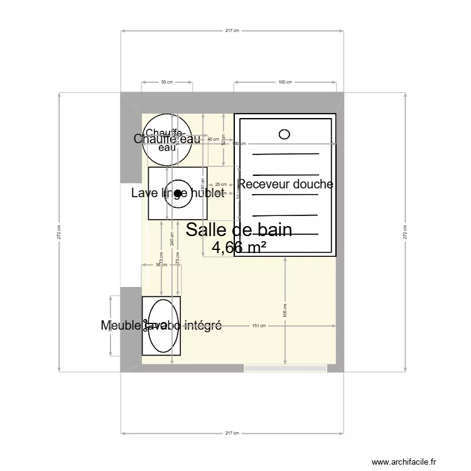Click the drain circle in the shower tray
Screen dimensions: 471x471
pyautogui.click(x=284, y=134)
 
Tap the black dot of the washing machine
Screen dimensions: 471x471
pyautogui.click(x=178, y=193)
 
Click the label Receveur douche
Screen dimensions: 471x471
pyautogui.click(x=285, y=184)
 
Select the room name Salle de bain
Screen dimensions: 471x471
pyautogui.click(x=239, y=230)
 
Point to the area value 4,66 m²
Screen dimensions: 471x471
pyautogui.click(x=239, y=247)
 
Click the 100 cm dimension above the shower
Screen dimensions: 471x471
pyautogui.click(x=285, y=82)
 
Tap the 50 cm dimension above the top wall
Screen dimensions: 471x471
pyautogui.click(x=167, y=82)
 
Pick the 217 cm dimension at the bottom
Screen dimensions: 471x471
pyautogui.click(x=232, y=433)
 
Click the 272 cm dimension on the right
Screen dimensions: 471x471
pyautogui.click(x=405, y=232)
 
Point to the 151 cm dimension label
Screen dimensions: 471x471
pyautogui.click(x=259, y=325)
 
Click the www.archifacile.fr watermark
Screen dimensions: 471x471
pyautogui.click(x=403, y=462)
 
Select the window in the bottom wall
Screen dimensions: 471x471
pyautogui.click(x=286, y=368)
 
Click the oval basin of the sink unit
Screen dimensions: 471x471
pyautogui.click(x=161, y=325)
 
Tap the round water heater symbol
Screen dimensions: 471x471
pyautogui.click(x=166, y=139)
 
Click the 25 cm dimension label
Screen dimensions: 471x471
pyautogui.click(x=221, y=185)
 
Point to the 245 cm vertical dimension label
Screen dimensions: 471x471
pyautogui.click(x=170, y=239)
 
